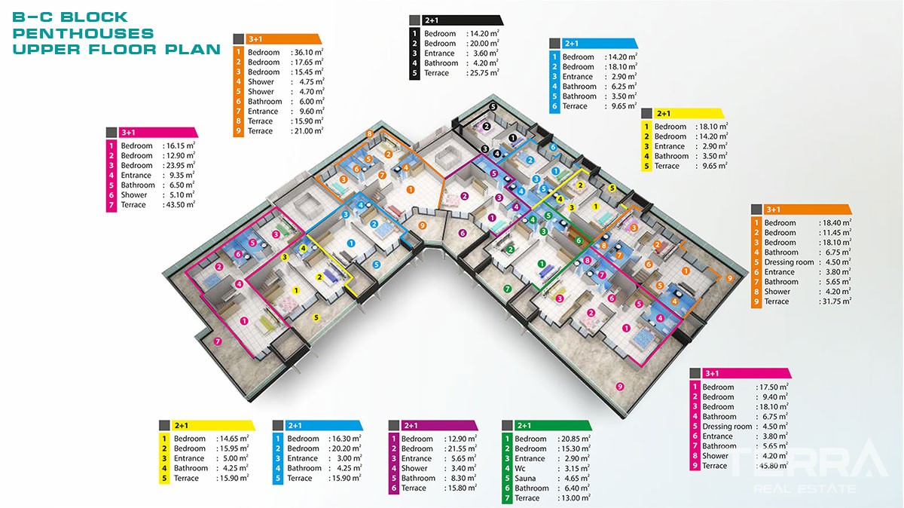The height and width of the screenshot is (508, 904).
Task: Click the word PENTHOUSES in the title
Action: click(83, 33)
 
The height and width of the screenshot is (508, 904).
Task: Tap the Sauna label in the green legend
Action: click(525, 478)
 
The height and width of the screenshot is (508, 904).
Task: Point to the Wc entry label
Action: click(520, 468)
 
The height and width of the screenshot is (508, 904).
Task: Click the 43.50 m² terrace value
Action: click(179, 204)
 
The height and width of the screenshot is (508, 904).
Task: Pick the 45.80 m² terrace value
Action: click(771, 466)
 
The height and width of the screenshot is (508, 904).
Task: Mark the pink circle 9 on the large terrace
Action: click(620, 387)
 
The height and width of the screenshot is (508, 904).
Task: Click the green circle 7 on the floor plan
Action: click(507, 289)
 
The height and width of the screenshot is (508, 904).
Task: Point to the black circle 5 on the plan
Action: click(493, 106)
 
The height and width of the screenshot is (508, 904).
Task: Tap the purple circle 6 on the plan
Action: click(463, 233)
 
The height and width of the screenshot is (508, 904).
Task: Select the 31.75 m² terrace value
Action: click(835, 301)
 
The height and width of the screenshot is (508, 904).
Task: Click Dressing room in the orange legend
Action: click(789, 262)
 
